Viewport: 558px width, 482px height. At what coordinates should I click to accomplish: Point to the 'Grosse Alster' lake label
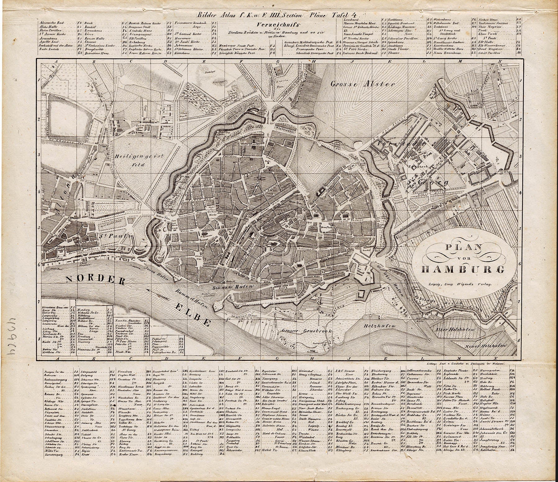point(362,84)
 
